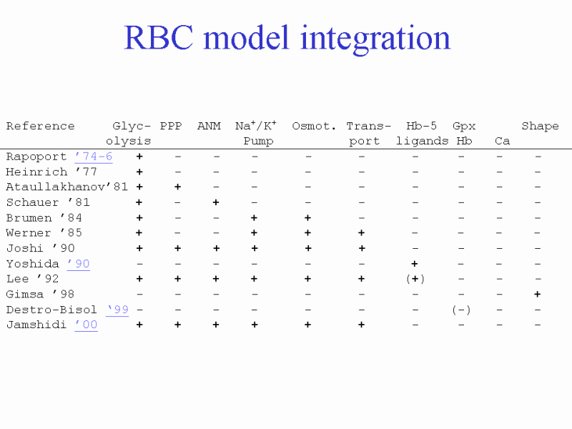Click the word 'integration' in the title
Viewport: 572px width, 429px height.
375,39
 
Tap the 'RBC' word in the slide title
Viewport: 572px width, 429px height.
158,38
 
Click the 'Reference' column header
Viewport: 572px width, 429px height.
41,126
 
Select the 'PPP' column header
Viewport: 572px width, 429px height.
171,126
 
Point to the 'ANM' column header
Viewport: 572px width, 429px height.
209,126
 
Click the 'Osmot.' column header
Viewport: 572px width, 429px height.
314,126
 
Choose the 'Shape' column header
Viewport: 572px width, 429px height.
540,127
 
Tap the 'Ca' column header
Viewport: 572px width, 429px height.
502,141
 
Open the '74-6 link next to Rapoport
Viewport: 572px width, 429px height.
94,157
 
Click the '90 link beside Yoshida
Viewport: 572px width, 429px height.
79,263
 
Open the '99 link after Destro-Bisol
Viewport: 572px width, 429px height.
118,310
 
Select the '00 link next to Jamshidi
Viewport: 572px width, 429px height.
86,325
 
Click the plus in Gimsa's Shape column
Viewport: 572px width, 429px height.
538,294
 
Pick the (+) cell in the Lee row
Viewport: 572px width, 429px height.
415,279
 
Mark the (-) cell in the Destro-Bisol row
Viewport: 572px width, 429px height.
461,310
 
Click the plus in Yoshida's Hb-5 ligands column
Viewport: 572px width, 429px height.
415,263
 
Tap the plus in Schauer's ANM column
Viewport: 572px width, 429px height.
216,202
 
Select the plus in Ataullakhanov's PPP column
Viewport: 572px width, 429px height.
177,187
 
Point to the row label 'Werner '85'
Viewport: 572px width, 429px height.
44,233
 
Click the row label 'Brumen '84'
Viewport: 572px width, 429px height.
44,218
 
